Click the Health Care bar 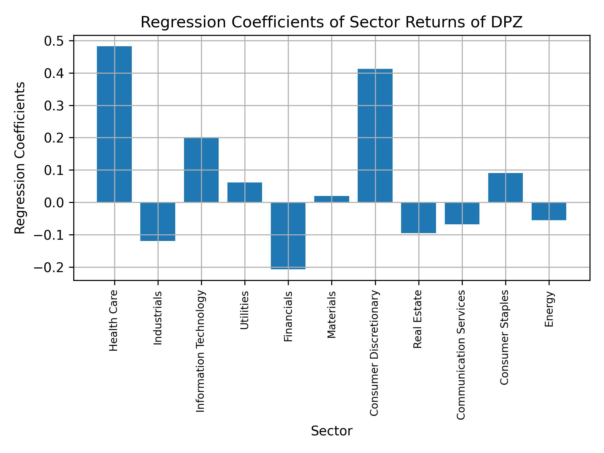114,124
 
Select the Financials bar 288,236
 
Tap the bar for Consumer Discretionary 375,135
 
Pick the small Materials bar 332,199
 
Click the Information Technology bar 201,170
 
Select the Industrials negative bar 158,221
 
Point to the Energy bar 549,211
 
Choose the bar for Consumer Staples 505,188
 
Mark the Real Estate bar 418,218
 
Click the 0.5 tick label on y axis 54,41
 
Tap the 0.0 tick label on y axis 54,203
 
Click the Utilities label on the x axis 245,310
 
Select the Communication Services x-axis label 461,355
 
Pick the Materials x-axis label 332,315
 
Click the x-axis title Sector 332,431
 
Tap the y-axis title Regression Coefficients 20,158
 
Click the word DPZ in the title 507,23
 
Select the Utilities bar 245,192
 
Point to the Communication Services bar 462,213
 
